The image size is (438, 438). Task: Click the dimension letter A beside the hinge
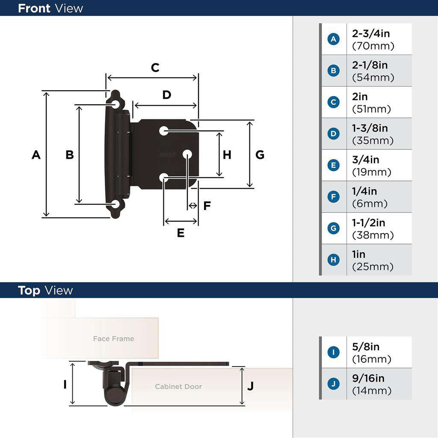pyautogui.click(x=36, y=155)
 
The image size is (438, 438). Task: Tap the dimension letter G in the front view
pyautogui.click(x=260, y=155)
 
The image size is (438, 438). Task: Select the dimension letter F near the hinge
pyautogui.click(x=207, y=206)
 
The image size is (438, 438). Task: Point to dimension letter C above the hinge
pyautogui.click(x=155, y=68)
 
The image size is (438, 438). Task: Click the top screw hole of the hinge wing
pyautogui.click(x=115, y=104)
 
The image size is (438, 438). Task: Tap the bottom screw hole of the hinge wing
pyautogui.click(x=115, y=204)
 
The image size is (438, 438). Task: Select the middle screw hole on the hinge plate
pyautogui.click(x=187, y=154)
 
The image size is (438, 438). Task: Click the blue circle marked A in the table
pyautogui.click(x=333, y=39)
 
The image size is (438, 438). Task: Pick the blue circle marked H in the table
pyautogui.click(x=333, y=260)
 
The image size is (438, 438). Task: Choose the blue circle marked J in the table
pyautogui.click(x=333, y=384)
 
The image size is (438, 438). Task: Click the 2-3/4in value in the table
pyautogui.click(x=371, y=33)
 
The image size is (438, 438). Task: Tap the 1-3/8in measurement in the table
pyautogui.click(x=370, y=128)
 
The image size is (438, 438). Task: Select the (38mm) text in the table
pyautogui.click(x=373, y=235)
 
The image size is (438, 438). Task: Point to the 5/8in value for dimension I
pyautogui.click(x=366, y=347)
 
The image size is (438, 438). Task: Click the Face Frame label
pyautogui.click(x=113, y=339)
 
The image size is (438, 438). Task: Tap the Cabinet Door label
pyautogui.click(x=178, y=387)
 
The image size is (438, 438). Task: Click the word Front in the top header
pyautogui.click(x=34, y=8)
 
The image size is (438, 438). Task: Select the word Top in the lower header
pyautogui.click(x=29, y=290)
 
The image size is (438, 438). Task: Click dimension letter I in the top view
pyautogui.click(x=65, y=385)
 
